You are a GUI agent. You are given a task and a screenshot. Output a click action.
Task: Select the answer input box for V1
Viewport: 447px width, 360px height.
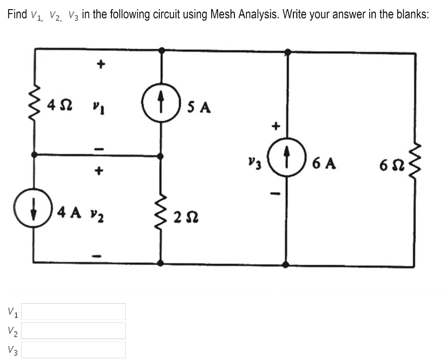coord(73,312)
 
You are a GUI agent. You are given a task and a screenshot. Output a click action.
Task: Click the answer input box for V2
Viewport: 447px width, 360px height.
coord(73,331)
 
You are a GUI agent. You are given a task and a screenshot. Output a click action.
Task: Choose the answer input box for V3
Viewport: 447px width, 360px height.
coord(73,350)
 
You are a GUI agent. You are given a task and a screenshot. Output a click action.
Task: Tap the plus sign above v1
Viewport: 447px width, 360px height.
coord(100,65)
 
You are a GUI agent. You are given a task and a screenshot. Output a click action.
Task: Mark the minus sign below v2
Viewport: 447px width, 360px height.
coord(100,255)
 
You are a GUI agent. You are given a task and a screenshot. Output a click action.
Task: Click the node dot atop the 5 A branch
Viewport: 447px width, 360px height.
coord(162,50)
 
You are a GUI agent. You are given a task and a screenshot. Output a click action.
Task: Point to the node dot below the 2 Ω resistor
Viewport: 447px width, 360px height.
coord(161,263)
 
